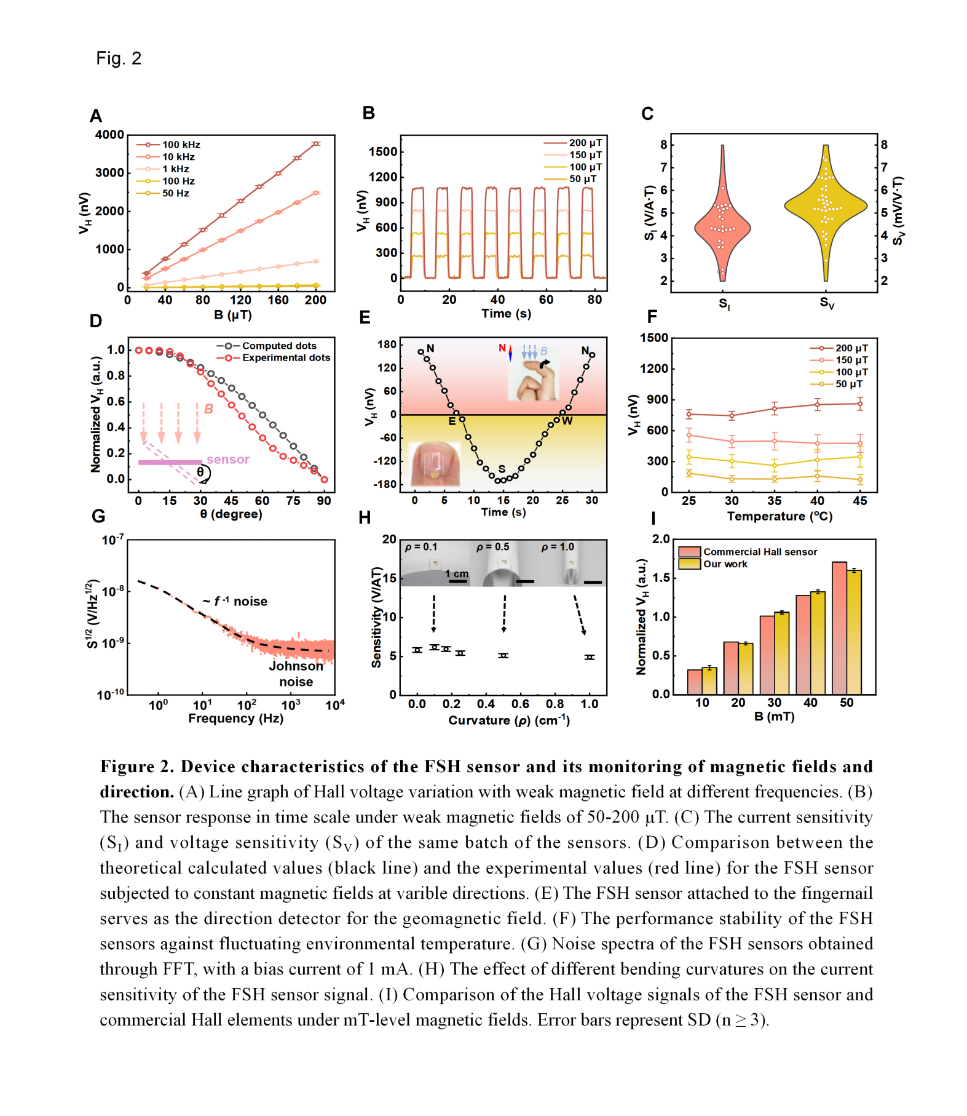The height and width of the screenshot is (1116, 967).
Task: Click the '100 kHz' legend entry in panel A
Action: click(x=181, y=145)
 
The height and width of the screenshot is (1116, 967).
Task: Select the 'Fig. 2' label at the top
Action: click(x=119, y=58)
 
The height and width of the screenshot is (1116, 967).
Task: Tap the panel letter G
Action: click(x=98, y=516)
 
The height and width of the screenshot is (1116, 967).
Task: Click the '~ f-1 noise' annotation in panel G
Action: click(x=235, y=601)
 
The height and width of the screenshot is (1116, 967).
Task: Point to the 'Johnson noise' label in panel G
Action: click(x=296, y=674)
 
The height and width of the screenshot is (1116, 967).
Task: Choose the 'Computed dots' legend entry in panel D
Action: click(x=278, y=346)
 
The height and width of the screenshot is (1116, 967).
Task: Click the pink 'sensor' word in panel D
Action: click(x=227, y=460)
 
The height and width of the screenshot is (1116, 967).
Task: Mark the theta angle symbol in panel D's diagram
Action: click(x=200, y=472)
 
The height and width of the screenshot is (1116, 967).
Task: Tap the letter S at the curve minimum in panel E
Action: click(x=502, y=469)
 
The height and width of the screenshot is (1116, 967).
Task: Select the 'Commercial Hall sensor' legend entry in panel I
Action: click(x=760, y=552)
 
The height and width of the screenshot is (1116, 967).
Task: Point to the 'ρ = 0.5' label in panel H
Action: click(x=493, y=547)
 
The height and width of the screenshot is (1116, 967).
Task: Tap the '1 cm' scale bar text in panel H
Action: click(x=457, y=573)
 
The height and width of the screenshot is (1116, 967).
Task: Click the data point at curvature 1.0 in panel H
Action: click(x=590, y=657)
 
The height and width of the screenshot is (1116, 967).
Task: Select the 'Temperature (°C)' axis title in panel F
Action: click(x=780, y=516)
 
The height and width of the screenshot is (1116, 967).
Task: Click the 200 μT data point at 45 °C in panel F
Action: click(x=859, y=404)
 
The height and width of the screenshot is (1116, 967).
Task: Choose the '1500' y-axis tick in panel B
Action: click(x=383, y=152)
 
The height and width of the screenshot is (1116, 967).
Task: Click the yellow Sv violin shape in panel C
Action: click(x=826, y=207)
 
